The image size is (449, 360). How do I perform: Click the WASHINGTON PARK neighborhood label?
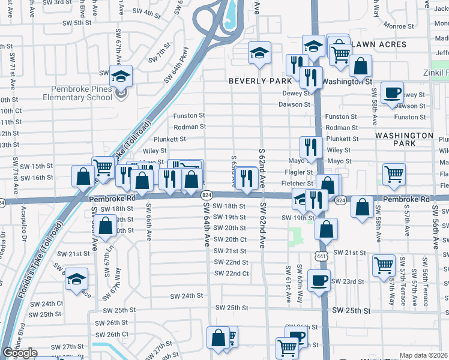click(403, 140)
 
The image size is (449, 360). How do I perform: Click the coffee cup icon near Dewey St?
click(393, 93)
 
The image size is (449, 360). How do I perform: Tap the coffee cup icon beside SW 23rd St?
click(319, 280)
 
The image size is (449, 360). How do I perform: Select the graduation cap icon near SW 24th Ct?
click(77, 279)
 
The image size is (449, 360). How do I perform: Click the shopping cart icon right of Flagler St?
click(394, 174)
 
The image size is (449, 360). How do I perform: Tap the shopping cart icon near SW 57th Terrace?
click(384, 265)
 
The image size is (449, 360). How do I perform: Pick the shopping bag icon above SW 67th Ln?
click(106, 226)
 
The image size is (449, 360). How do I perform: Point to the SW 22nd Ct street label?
click(231, 274)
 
